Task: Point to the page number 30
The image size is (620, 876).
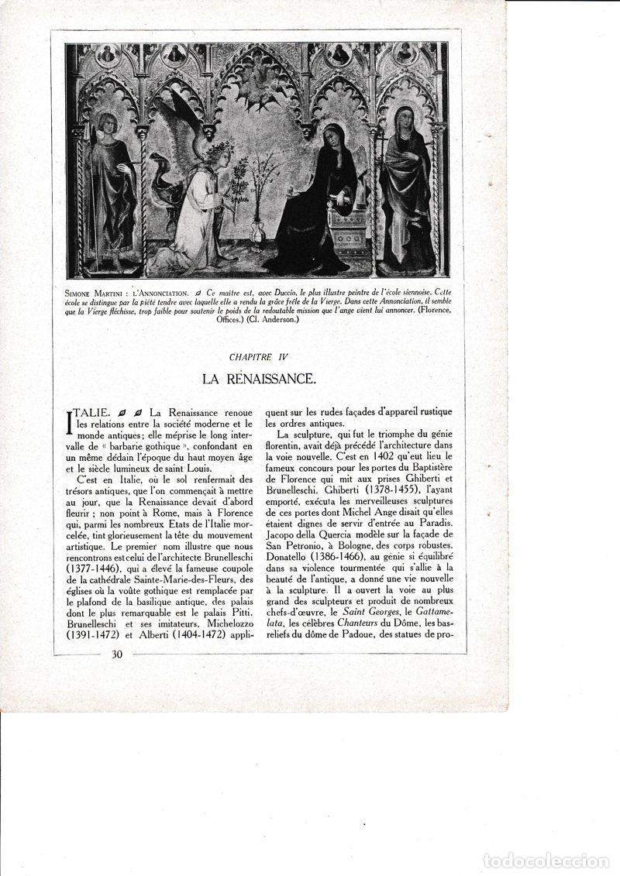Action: pyautogui.click(x=117, y=654)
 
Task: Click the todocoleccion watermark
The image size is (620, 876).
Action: pyautogui.click(x=546, y=861)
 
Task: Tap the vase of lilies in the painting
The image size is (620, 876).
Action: pyautogui.click(x=257, y=230)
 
